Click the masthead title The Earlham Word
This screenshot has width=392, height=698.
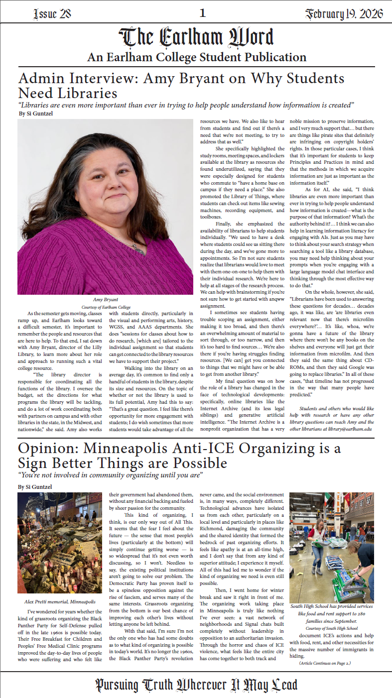coord(196,38)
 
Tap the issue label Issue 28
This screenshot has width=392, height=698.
coord(52,14)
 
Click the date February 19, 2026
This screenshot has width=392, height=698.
coord(344,14)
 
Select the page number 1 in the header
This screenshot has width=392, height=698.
coord(202,13)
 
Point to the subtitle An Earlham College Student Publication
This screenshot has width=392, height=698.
coord(196,58)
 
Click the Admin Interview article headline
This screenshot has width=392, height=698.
coord(181,85)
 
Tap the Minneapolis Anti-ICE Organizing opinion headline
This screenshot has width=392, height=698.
coord(179,456)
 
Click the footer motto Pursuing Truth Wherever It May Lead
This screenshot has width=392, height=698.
coord(196,685)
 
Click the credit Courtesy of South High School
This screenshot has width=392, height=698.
coord(331,628)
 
